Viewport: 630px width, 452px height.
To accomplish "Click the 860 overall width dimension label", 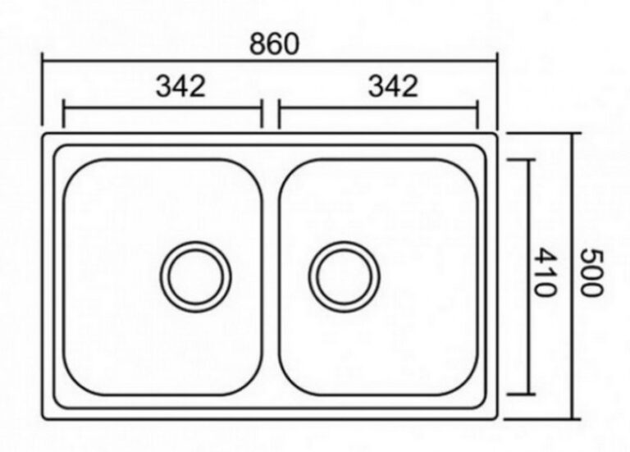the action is pos(275,43).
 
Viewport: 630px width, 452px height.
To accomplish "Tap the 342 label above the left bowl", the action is pos(180,86).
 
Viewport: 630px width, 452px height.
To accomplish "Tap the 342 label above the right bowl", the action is pos(393,86).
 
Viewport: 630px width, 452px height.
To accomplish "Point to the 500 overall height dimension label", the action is pos(592,272).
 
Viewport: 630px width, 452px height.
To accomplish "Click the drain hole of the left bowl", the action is pos(196,276).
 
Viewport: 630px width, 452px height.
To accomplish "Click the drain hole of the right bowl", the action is pos(345,276).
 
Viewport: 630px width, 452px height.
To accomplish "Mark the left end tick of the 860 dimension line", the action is pos(42,89).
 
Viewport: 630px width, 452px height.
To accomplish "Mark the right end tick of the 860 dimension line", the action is pos(497,89).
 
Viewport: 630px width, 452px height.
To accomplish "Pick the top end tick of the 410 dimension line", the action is pos(521,160).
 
